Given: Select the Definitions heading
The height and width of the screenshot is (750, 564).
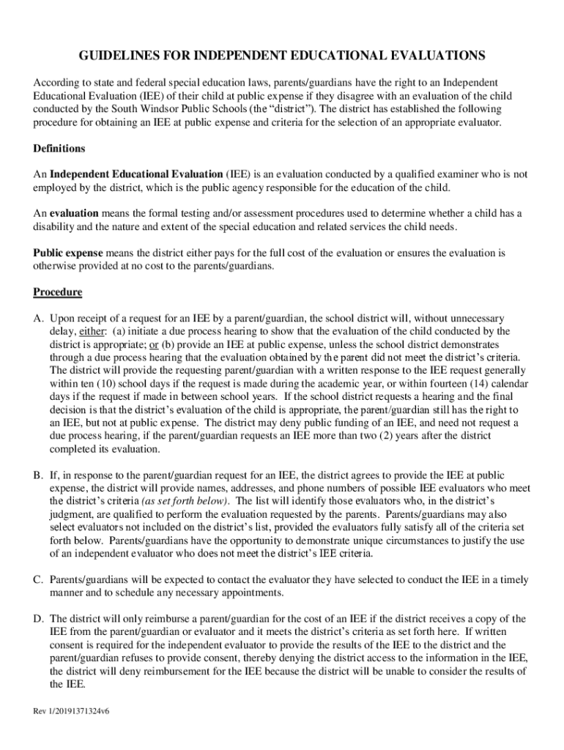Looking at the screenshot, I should pos(59,149).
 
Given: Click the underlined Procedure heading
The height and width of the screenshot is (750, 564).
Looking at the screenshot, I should pos(58,292).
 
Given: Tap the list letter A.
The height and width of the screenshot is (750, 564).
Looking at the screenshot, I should pos(37,319).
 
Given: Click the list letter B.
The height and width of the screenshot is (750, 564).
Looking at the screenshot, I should pos(37,475).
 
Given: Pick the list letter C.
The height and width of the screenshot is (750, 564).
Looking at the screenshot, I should pos(37,579).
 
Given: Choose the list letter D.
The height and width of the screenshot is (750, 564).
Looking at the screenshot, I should pos(37,619).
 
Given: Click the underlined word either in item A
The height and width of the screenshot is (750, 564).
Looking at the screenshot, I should pos(92,331).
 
